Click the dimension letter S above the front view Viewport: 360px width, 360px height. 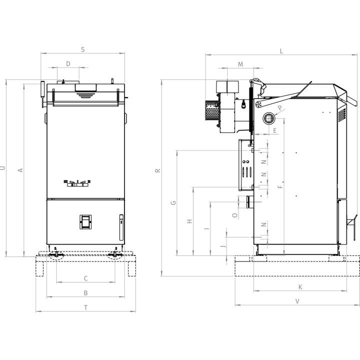coord(83,49)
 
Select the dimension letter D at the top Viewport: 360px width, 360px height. coord(68,64)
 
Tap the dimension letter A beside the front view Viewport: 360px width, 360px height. coord(20,170)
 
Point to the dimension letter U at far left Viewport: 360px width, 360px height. coord(3,168)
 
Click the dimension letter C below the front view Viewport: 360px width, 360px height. coord(85,278)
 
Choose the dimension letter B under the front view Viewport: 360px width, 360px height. coord(85,293)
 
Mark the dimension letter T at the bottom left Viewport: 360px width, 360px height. coord(85,307)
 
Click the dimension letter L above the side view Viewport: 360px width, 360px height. coord(281,51)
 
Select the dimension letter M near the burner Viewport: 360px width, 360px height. coord(240,64)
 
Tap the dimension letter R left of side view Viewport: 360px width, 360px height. coord(157,170)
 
